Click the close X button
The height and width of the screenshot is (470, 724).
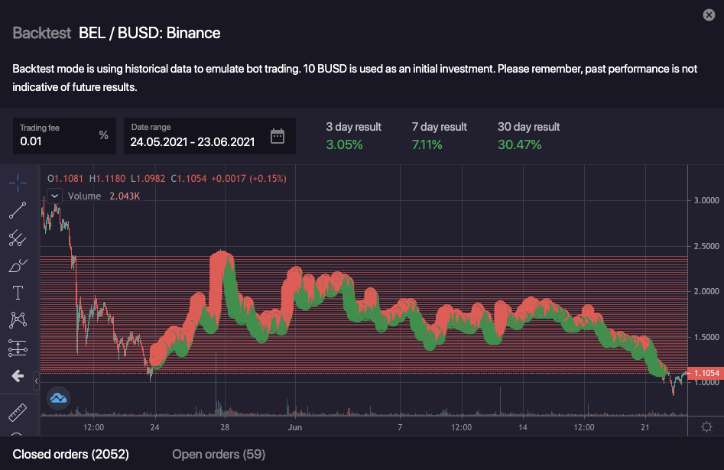tap(708, 15)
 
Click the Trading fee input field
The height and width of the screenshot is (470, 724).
tap(57, 141)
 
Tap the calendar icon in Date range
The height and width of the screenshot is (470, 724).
tap(278, 136)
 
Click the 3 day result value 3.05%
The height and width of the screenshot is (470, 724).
tap(344, 144)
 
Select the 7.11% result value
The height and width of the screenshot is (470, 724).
tap(427, 144)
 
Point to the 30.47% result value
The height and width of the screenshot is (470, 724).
tap(519, 144)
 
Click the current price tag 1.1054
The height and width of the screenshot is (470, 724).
tap(704, 372)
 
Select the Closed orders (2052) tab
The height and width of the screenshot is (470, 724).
tap(71, 455)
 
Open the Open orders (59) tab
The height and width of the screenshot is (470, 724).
tap(219, 455)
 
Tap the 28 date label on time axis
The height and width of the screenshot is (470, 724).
tap(225, 427)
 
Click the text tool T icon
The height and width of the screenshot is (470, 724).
tap(18, 292)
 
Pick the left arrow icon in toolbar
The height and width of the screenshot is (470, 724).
tap(18, 377)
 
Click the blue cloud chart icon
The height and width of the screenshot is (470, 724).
tap(58, 397)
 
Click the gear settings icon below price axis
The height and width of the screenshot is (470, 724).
tap(706, 427)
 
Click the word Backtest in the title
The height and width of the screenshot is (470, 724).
tap(42, 33)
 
